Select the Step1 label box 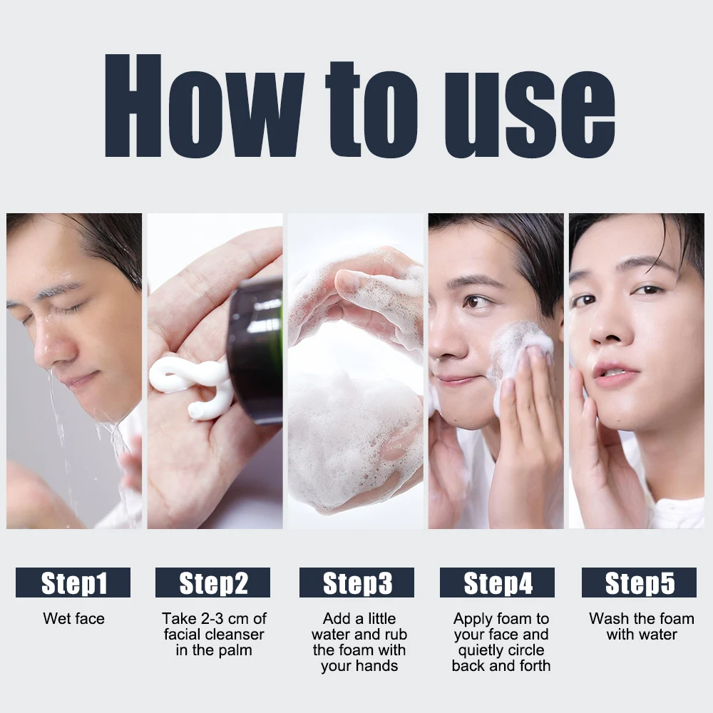[73, 583]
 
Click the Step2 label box [213, 583]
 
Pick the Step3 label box [357, 583]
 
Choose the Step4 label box [498, 583]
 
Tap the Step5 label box [639, 583]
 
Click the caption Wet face [73, 618]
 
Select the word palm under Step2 [236, 650]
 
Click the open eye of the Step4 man [474, 301]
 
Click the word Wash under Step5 [608, 618]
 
